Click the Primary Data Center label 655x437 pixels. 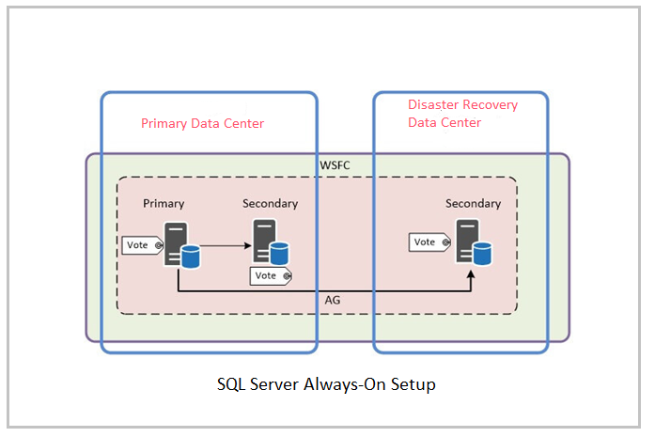coord(202,123)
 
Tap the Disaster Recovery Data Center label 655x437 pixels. coord(462,114)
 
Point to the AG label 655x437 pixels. coord(332,300)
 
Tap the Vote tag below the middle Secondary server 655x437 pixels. coord(269,275)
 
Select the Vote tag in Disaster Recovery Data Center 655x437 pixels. coord(428,242)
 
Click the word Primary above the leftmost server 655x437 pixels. coord(164,203)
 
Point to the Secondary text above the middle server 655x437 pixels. coord(270,203)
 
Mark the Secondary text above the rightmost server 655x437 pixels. coord(473,203)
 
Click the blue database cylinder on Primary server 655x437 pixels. coord(190,255)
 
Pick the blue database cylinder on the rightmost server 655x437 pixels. coord(483,253)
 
